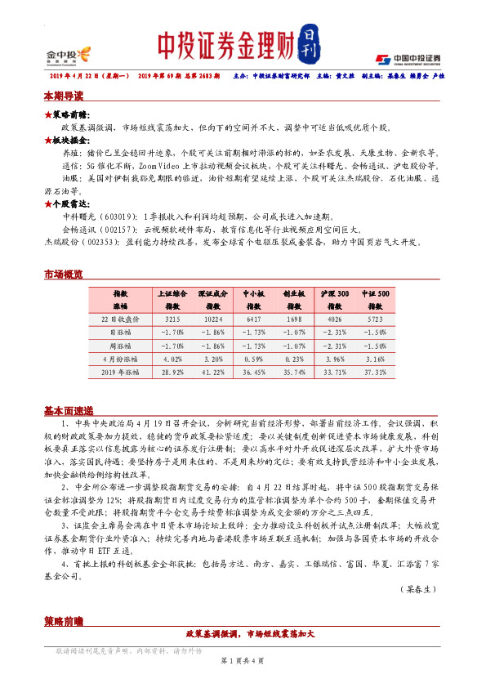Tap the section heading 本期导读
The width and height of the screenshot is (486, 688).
(63, 96)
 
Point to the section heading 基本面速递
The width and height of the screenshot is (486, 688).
(68, 410)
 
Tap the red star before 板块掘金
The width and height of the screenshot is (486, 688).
(47, 140)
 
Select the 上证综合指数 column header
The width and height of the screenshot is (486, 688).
(172, 297)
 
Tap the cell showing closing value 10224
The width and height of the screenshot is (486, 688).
(212, 320)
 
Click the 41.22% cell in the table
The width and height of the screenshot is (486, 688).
(212, 372)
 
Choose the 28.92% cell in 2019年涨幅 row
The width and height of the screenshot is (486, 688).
(172, 372)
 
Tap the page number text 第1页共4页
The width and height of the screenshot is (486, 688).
(243, 659)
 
